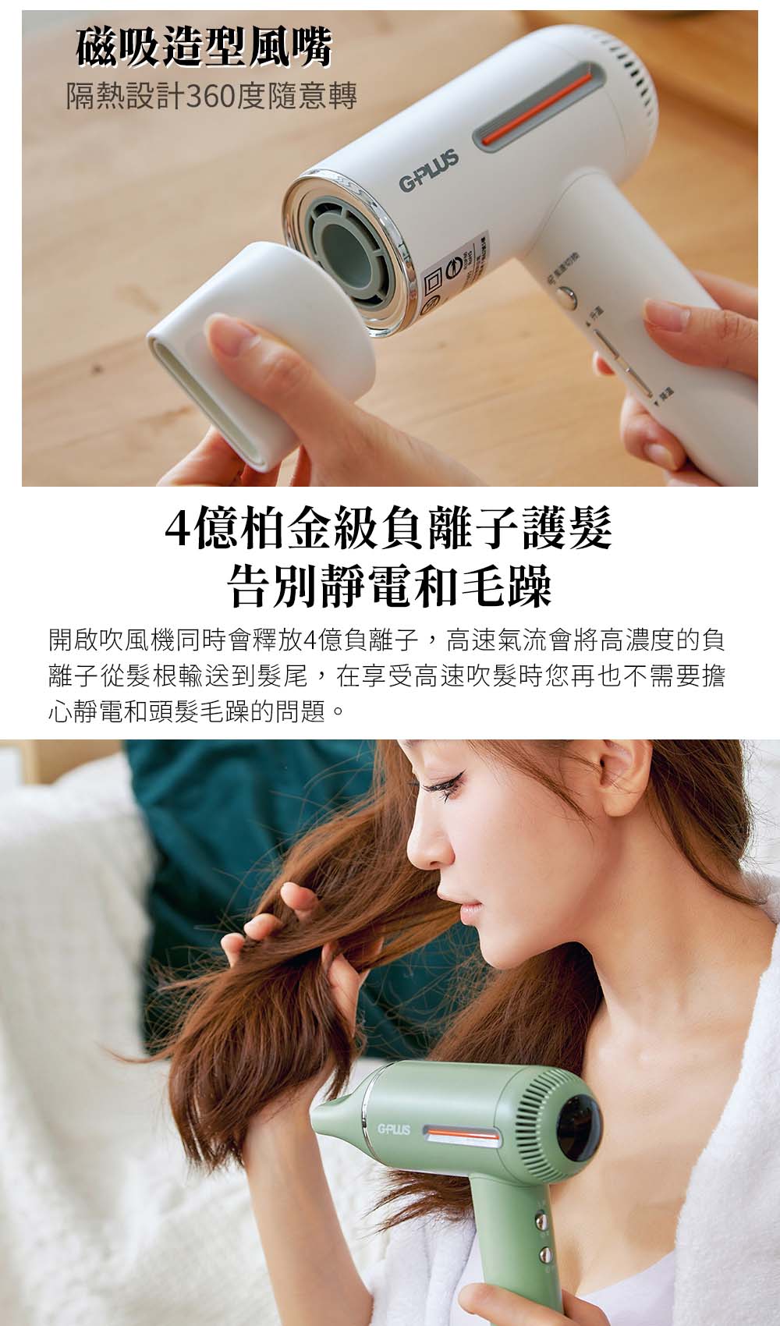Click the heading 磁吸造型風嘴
(204, 47)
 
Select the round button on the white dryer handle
(567, 295)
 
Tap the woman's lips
(471, 910)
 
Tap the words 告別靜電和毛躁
(389, 587)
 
